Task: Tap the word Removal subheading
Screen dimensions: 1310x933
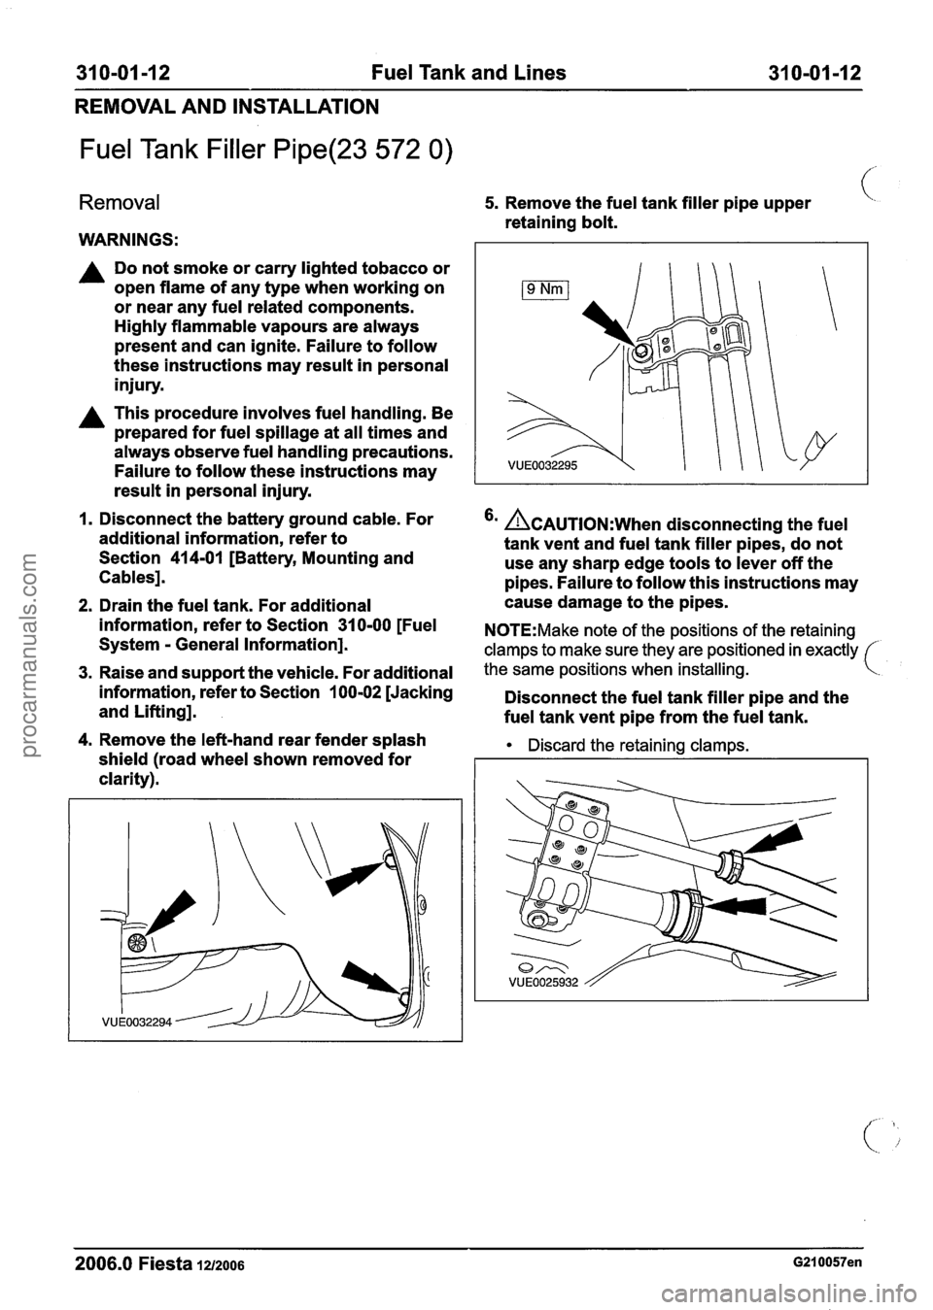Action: [x=119, y=203]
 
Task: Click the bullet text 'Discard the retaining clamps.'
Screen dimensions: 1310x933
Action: [x=616, y=745]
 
